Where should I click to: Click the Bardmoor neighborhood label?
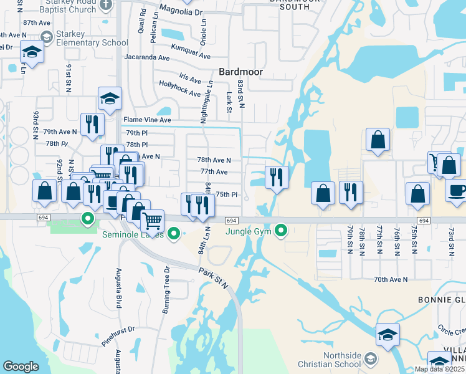coord(240,72)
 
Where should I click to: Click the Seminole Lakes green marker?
coord(174,234)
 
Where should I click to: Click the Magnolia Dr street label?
coord(181,12)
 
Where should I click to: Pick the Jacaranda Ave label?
coord(147,57)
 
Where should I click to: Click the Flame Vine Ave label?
coord(147,120)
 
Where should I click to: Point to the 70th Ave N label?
coord(391,280)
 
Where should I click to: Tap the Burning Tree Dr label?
coord(167,294)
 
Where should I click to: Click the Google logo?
coord(21,367)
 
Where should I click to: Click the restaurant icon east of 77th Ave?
coord(275,177)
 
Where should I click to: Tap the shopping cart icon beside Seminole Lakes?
coord(152,220)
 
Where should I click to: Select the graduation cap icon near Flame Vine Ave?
coord(110,98)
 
